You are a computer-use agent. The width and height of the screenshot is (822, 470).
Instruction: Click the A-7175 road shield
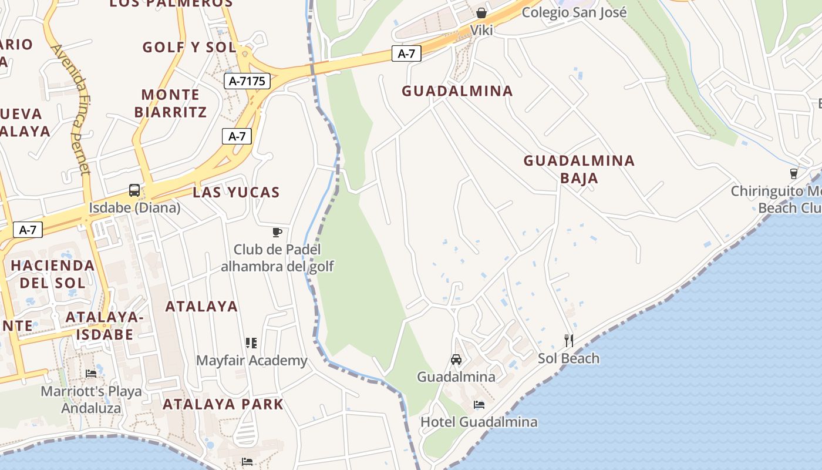(247, 81)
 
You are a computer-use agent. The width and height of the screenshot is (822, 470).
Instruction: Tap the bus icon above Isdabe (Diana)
(134, 190)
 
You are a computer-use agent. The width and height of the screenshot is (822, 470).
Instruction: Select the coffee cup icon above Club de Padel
(277, 233)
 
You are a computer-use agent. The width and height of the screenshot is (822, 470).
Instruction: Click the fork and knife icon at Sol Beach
(568, 340)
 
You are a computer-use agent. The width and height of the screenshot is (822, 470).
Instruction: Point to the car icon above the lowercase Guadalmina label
(456, 360)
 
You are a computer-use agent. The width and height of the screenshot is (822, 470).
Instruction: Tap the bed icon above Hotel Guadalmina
(479, 405)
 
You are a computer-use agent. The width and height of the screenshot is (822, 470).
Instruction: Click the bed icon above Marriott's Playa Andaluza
(91, 373)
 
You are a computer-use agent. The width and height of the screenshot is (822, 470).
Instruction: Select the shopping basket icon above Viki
(481, 12)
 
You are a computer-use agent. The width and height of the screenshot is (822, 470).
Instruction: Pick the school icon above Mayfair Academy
(251, 343)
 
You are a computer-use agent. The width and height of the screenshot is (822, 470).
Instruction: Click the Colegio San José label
(574, 12)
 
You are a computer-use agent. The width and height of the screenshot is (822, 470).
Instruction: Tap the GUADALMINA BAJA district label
(579, 169)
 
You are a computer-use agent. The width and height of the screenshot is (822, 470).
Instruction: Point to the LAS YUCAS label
(236, 192)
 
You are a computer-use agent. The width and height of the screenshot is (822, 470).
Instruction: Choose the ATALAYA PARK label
(223, 404)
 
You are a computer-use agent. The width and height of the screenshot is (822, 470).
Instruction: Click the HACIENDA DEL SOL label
(53, 274)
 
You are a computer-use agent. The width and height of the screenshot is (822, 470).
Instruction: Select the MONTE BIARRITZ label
(171, 103)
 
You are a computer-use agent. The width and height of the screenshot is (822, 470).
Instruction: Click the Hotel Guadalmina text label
(479, 422)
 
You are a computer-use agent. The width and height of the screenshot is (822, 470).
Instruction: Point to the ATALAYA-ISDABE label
(105, 326)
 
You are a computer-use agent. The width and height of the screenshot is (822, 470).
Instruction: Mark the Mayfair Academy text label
(251, 361)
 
